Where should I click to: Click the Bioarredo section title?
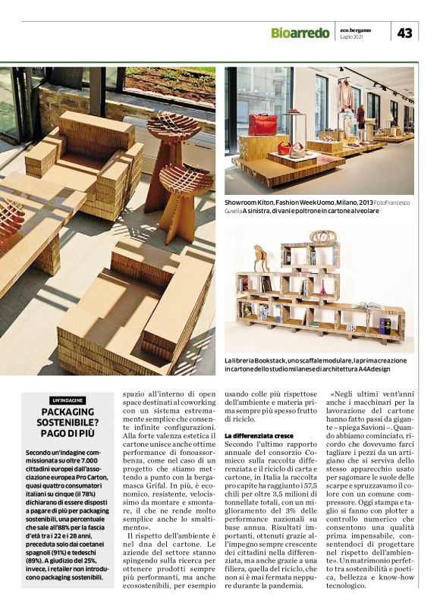click(x=300, y=32)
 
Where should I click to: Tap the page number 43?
click(x=405, y=32)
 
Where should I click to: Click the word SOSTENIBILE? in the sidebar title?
click(x=69, y=422)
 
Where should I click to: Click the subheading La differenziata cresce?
click(x=259, y=436)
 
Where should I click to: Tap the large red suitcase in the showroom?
click(x=263, y=124)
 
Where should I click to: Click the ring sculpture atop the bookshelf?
click(x=322, y=237)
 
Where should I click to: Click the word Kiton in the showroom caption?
click(x=271, y=205)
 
